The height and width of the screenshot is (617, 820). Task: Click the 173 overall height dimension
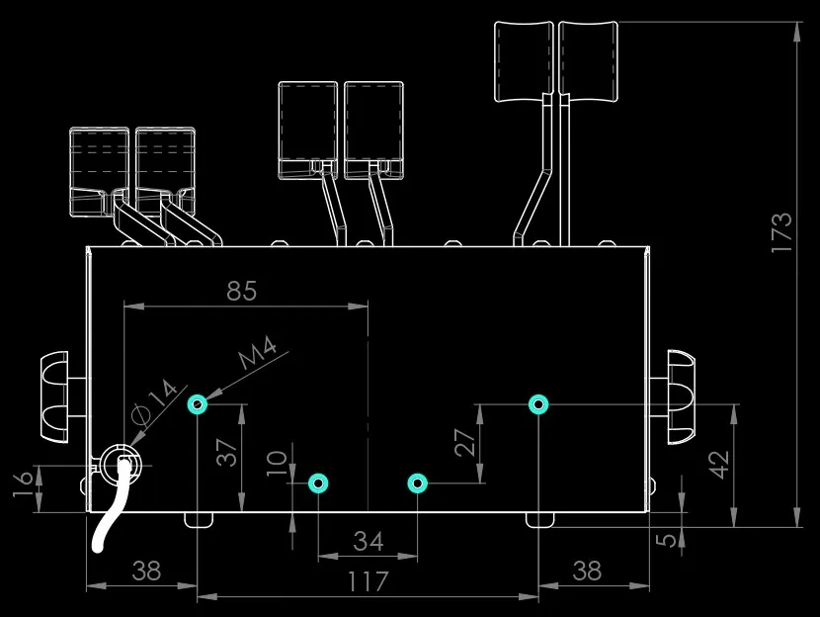coord(781,232)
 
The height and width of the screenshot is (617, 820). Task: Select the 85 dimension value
coord(242,291)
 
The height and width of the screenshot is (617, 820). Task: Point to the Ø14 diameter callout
coord(155,400)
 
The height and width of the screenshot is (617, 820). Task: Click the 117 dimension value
coord(369,581)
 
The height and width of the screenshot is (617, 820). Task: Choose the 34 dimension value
coord(369,541)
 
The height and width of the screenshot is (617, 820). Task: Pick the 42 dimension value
coord(718,465)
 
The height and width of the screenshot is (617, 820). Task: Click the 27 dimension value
coord(465,443)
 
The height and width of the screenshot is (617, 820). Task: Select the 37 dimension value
coord(227,453)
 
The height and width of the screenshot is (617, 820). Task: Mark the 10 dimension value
coord(277,463)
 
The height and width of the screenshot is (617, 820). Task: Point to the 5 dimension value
coord(666,539)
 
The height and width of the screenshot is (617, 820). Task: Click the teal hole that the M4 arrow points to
coord(198,404)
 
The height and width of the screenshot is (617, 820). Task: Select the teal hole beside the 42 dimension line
coord(538,404)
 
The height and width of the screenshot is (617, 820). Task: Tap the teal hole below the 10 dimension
coord(318,484)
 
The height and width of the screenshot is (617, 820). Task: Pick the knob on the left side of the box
coord(54,397)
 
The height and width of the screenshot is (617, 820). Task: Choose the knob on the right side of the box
coord(681,397)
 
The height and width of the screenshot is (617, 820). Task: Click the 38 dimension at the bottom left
coord(146,571)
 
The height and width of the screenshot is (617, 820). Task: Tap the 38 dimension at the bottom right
coord(587,571)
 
